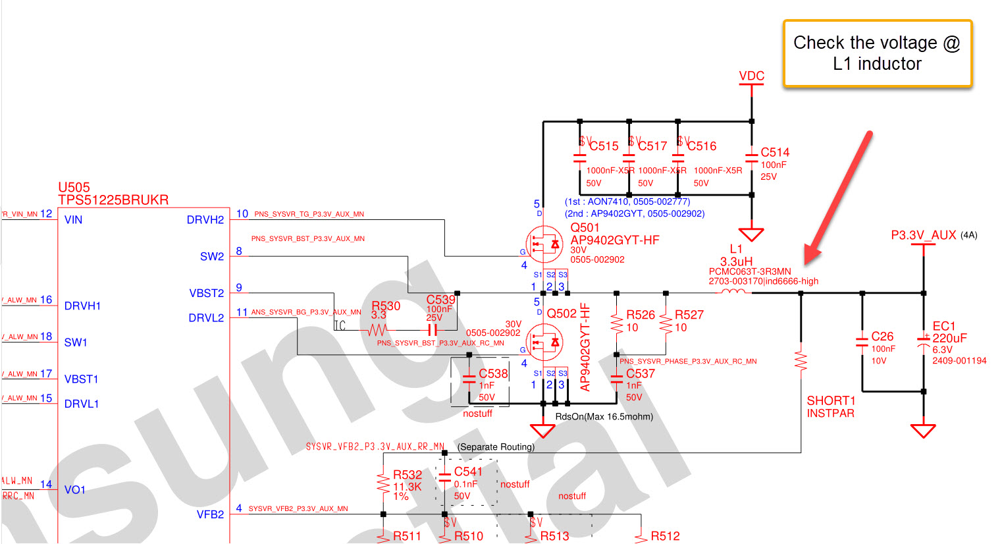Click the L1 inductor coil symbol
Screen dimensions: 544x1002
click(x=733, y=292)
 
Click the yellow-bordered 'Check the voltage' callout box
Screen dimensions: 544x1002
click(x=877, y=53)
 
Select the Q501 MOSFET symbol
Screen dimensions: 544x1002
click(x=544, y=245)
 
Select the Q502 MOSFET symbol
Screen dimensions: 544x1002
click(x=544, y=342)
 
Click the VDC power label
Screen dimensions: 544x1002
click(x=751, y=76)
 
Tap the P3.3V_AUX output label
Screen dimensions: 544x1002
click(x=923, y=235)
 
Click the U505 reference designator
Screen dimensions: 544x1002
click(x=74, y=188)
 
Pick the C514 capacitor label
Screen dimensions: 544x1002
click(x=775, y=152)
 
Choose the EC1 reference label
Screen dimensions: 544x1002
click(x=944, y=326)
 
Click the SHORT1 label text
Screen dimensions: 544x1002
click(x=831, y=400)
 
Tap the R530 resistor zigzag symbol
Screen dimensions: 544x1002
click(x=377, y=330)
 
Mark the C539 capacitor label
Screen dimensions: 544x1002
click(x=440, y=300)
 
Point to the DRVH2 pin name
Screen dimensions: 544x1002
click(x=205, y=220)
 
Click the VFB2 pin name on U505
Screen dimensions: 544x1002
click(x=210, y=514)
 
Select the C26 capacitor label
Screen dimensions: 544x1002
click(x=882, y=337)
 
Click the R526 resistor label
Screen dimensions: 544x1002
click(x=641, y=315)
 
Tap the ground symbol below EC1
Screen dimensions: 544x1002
click(x=923, y=431)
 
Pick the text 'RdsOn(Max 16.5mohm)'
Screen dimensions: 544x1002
click(x=604, y=416)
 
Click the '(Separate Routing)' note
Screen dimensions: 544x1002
click(x=496, y=447)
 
